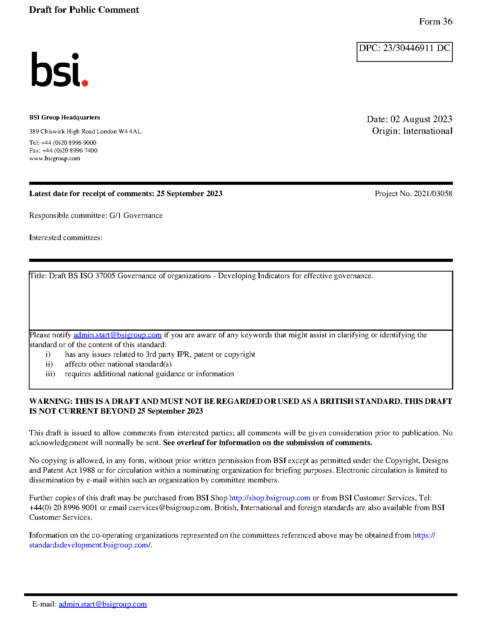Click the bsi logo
point(59,70)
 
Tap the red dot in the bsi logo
point(84,82)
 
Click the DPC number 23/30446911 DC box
point(404,51)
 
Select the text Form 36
point(436,22)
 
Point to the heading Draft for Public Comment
point(84,10)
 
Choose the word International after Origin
point(427,131)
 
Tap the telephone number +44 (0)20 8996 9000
point(69,143)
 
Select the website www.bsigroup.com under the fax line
point(55,158)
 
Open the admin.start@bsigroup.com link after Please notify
point(117,335)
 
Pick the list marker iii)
point(50,374)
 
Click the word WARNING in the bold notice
point(51,401)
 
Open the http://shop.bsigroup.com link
point(269,498)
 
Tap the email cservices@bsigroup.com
point(169,508)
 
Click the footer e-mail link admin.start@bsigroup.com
point(103,604)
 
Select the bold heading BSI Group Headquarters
point(64,118)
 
